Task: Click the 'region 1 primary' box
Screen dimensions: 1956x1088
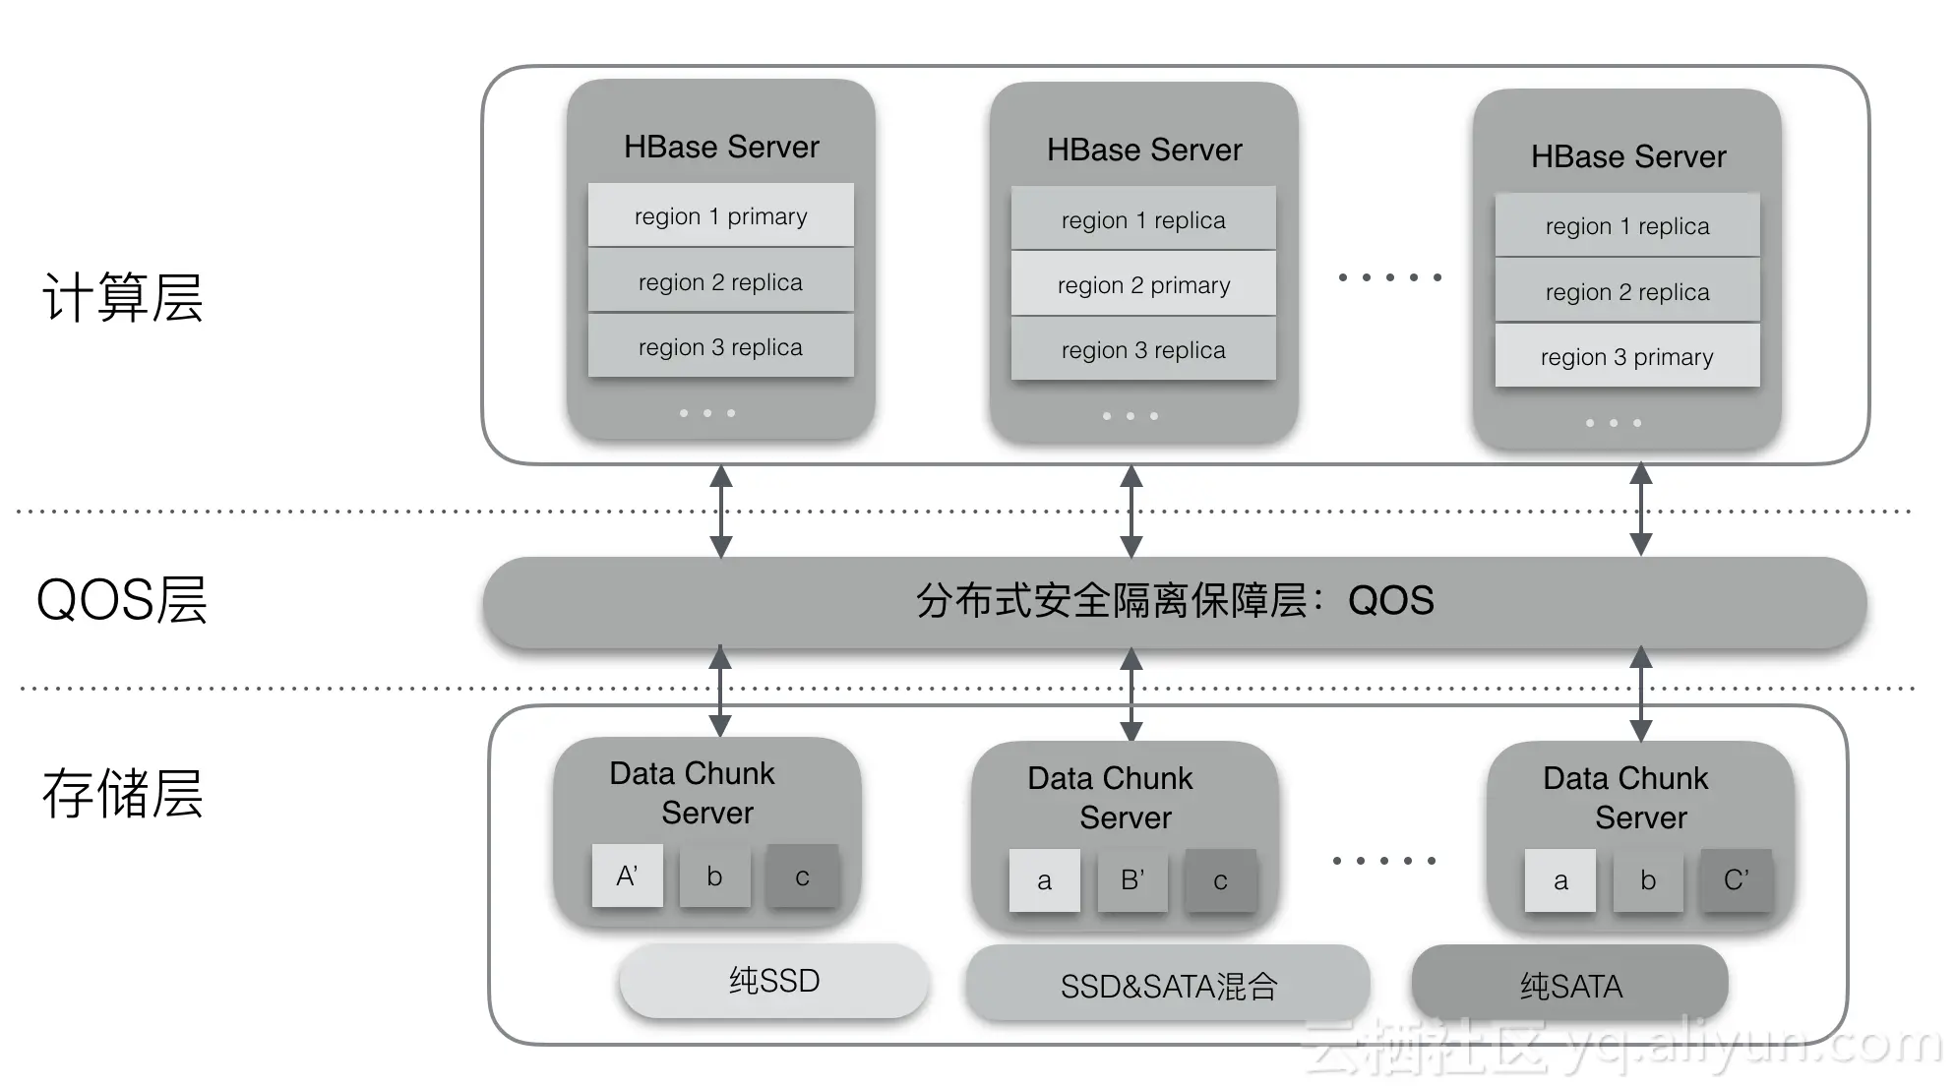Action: coord(721,215)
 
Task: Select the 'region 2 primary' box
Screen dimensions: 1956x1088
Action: coord(1143,284)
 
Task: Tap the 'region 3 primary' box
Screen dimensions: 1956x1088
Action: coord(1627,356)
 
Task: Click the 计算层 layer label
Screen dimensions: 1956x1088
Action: coord(123,297)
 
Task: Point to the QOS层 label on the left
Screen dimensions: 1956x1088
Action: coord(122,599)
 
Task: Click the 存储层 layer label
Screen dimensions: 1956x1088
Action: coord(123,794)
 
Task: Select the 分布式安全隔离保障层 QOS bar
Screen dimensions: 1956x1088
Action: coord(1175,601)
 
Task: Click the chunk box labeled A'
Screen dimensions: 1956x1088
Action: coord(628,876)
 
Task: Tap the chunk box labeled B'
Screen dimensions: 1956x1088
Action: coord(1132,879)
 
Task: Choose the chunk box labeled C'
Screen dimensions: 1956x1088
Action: coord(1737,879)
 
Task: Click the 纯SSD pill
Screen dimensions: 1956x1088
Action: coord(774,981)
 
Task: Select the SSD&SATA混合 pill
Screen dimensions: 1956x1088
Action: coord(1168,985)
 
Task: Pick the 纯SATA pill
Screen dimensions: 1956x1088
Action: coord(1570,985)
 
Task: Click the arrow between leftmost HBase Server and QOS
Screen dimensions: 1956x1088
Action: coord(721,512)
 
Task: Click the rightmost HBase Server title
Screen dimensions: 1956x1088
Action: coord(1628,156)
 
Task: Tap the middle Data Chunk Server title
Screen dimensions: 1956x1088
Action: coord(1111,798)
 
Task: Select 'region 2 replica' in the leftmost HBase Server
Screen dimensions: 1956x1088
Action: coord(721,281)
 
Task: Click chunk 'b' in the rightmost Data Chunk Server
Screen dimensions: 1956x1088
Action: coord(1648,879)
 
